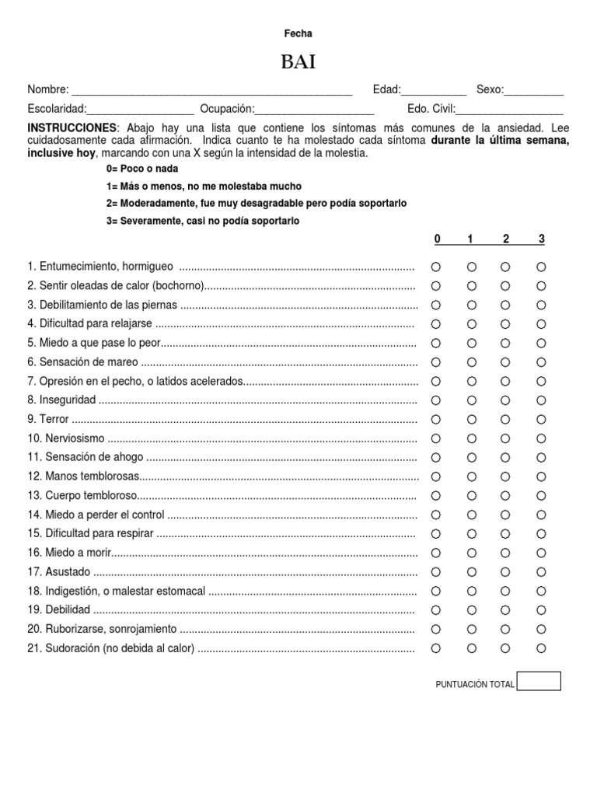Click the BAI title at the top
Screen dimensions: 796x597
coord(298,62)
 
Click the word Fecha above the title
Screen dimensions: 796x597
coord(298,33)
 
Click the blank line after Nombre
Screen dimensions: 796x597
coord(211,91)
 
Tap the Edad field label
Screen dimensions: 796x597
coord(386,89)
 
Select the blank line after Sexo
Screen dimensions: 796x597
coord(534,91)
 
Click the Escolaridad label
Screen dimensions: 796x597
coord(57,109)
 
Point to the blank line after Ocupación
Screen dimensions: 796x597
coord(314,110)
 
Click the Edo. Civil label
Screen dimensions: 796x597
coord(431,109)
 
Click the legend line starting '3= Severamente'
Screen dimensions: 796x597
coord(202,221)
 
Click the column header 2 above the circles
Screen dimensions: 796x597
coord(505,239)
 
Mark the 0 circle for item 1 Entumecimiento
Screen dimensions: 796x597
coord(436,267)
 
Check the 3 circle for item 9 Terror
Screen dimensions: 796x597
coord(541,419)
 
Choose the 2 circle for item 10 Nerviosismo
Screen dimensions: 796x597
coord(505,438)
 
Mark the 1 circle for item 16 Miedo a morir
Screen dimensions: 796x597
coord(471,553)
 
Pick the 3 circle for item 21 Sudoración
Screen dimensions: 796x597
coord(541,648)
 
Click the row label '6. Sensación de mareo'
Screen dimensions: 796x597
coord(83,362)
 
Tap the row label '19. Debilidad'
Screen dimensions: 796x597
coord(59,609)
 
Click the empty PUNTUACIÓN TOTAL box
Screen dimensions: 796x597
coord(539,682)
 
